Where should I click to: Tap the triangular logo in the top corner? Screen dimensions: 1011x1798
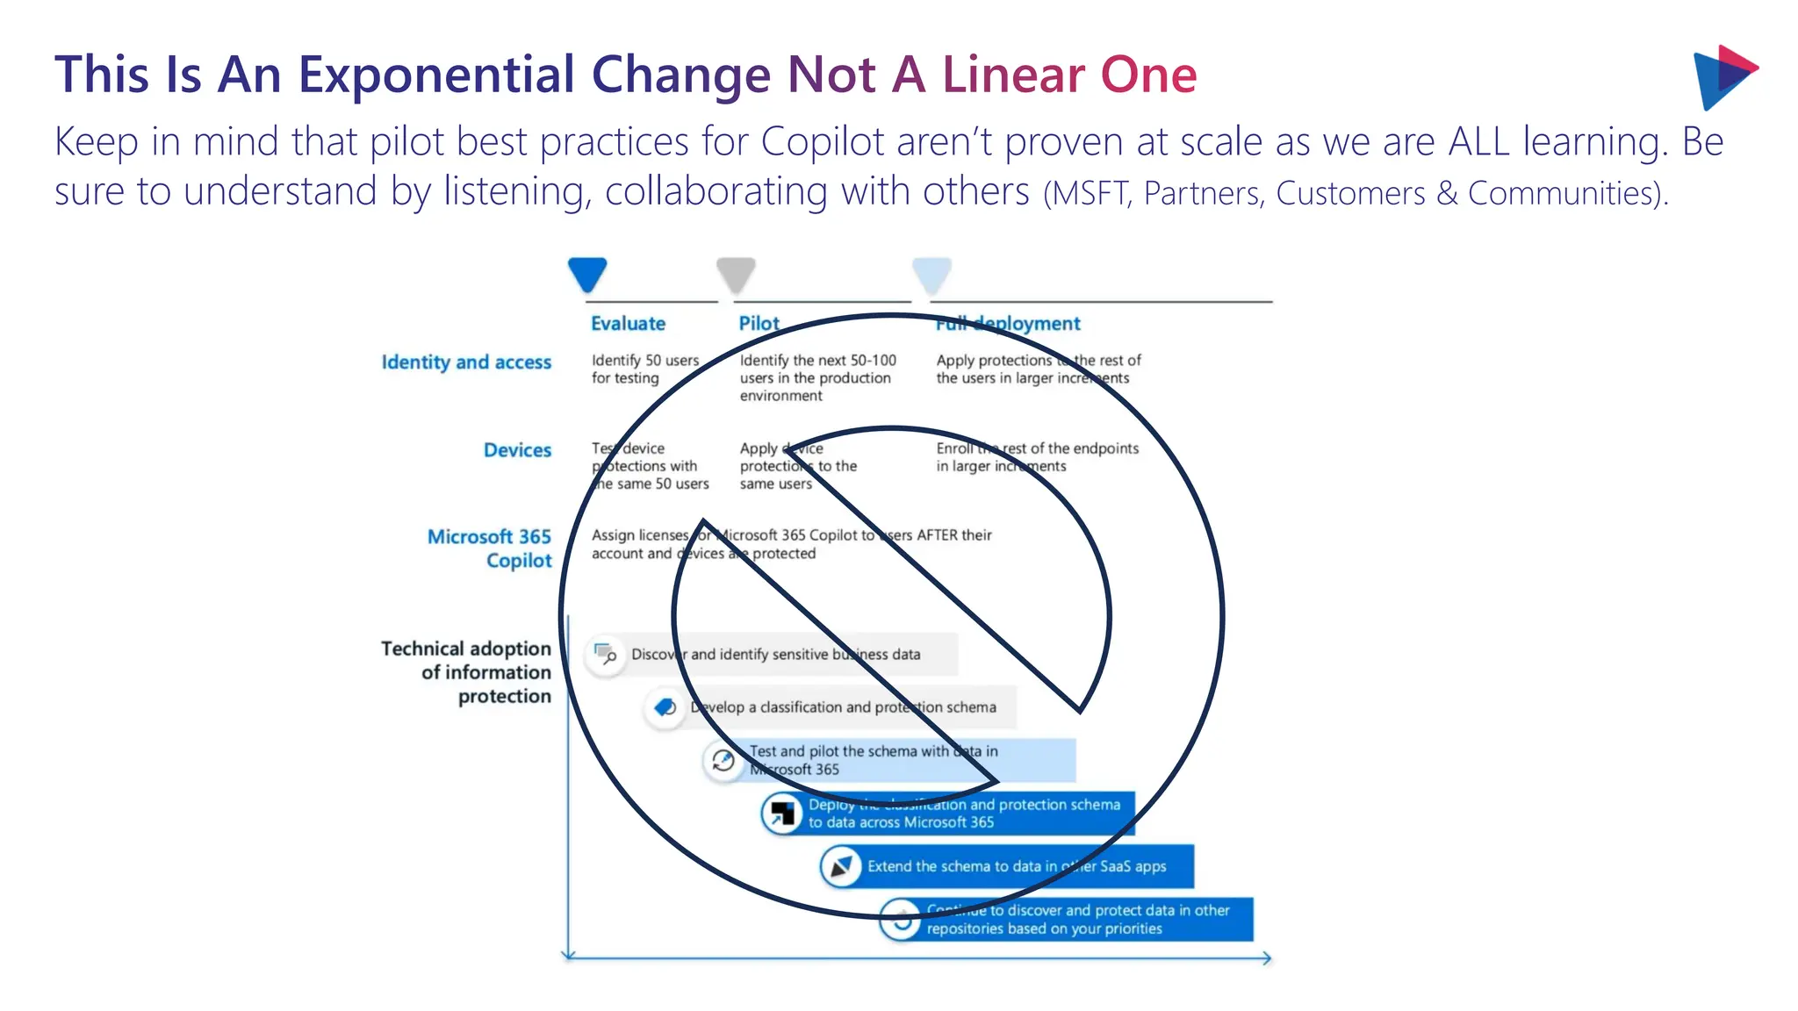pyautogui.click(x=1722, y=76)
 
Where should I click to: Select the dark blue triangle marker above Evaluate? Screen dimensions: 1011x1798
pyautogui.click(x=587, y=274)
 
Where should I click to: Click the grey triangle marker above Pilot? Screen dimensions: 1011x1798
pyautogui.click(x=736, y=274)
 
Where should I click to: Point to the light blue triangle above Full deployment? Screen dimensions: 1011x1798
pyautogui.click(x=931, y=274)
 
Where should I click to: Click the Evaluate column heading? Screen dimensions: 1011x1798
pyautogui.click(x=628, y=324)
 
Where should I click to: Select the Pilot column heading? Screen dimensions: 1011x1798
pyautogui.click(x=759, y=324)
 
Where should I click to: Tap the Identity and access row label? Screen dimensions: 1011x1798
pyautogui.click(x=466, y=362)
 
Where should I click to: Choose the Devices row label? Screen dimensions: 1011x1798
pyautogui.click(x=517, y=450)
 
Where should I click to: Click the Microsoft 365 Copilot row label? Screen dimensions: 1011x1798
pyautogui.click(x=490, y=549)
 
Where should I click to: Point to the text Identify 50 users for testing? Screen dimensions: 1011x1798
pyautogui.click(x=644, y=369)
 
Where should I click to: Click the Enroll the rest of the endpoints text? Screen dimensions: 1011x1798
pyautogui.click(x=1036, y=457)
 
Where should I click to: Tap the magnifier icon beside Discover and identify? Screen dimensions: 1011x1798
pyautogui.click(x=606, y=655)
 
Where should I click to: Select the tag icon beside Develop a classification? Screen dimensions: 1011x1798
pyautogui.click(x=665, y=707)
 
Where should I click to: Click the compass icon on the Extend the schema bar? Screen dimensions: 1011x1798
pyautogui.click(x=841, y=867)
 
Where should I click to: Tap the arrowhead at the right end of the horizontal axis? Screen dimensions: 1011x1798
pyautogui.click(x=1267, y=958)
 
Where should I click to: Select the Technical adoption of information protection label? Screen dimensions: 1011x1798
pyautogui.click(x=466, y=672)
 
